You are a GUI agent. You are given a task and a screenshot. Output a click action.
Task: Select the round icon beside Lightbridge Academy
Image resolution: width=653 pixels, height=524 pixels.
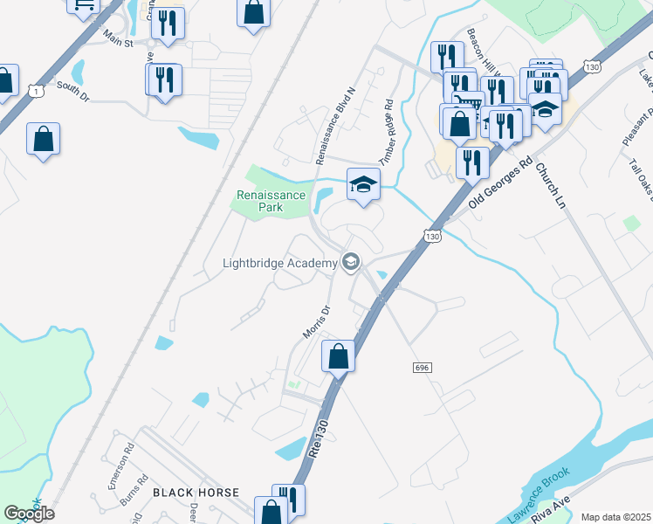pyautogui.click(x=351, y=262)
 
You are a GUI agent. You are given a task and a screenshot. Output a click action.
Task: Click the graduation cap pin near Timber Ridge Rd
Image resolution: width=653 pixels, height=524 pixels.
pyautogui.click(x=364, y=184)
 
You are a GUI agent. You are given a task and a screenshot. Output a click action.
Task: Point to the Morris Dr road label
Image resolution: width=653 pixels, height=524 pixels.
pyautogui.click(x=316, y=321)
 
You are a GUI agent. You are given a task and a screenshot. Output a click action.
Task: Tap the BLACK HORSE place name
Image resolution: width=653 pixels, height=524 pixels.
pyautogui.click(x=196, y=493)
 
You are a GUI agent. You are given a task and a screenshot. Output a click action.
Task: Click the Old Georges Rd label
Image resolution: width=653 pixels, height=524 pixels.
pyautogui.click(x=499, y=183)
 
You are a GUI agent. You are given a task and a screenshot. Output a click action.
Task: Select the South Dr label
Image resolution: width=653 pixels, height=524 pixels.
pyautogui.click(x=73, y=86)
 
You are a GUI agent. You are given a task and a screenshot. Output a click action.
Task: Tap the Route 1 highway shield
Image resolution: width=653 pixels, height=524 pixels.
pyautogui.click(x=32, y=90)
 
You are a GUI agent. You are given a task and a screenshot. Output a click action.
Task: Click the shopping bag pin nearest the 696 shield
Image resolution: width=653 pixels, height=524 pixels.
pyautogui.click(x=338, y=357)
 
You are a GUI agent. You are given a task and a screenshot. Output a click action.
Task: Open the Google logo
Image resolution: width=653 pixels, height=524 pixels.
pyautogui.click(x=29, y=514)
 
